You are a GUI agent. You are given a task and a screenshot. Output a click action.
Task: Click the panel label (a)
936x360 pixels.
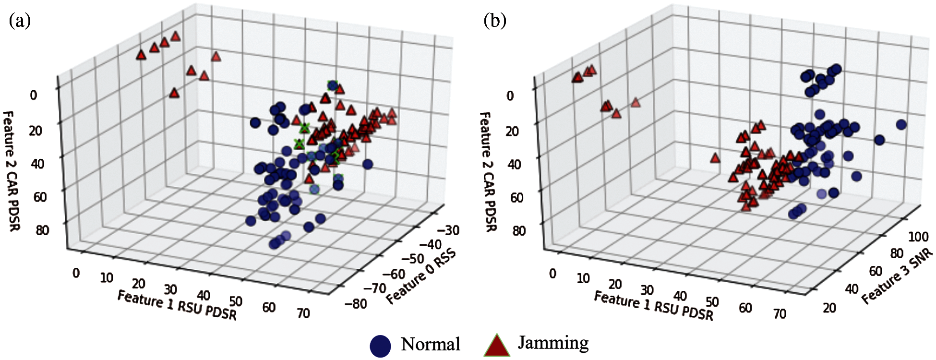pos(20,21)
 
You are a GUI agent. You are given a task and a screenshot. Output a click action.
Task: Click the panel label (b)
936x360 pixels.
pos(495,21)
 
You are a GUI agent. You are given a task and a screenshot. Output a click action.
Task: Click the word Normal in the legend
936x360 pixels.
pos(430,344)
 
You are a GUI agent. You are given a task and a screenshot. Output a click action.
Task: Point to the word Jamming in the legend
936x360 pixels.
pos(553,343)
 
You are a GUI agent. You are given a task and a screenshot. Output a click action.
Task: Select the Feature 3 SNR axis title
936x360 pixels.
pos(897,277)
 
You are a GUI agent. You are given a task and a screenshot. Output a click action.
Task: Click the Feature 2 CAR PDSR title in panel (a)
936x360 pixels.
pos(12,170)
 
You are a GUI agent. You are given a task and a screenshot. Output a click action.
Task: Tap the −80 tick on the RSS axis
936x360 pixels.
pos(356,304)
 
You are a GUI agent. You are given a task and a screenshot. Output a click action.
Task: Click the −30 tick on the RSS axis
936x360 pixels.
pos(448,230)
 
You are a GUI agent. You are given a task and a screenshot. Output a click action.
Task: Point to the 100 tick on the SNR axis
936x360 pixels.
pos(918,237)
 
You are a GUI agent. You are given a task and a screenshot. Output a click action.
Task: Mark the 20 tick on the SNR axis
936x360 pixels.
pos(829,308)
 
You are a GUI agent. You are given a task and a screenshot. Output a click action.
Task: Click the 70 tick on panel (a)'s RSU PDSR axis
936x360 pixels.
pos(303,313)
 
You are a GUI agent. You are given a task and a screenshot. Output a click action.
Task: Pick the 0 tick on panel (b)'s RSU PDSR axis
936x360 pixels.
pos(552,274)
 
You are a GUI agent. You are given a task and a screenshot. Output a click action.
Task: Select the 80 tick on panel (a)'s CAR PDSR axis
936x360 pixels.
pos(42,230)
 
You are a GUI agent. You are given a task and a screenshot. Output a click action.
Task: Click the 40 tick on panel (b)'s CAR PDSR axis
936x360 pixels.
pos(514,164)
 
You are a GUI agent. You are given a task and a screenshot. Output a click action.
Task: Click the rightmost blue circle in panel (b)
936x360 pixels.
pos(901,125)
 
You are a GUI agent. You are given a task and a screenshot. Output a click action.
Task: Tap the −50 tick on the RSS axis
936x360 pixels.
pos(412,259)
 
